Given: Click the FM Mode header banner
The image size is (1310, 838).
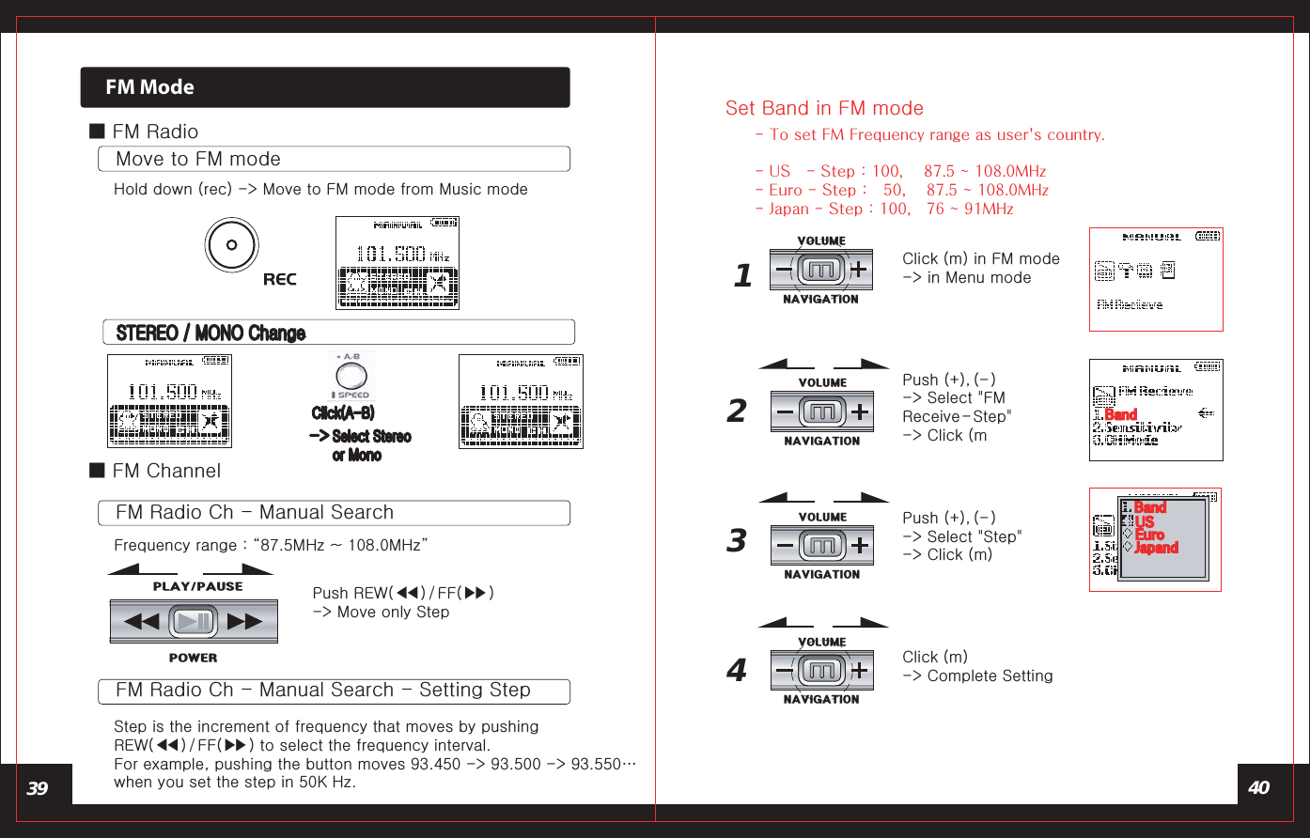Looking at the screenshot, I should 324,87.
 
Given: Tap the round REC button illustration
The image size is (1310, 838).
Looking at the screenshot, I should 231,245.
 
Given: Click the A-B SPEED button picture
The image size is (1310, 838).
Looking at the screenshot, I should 351,377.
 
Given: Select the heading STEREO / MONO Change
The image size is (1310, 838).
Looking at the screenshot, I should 211,334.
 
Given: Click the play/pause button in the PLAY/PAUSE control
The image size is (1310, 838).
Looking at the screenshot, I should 194,622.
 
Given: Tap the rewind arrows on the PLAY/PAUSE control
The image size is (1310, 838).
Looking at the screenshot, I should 142,622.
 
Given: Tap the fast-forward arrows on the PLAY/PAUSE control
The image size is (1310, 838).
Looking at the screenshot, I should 245,622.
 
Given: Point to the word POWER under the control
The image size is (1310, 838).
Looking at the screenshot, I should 193,659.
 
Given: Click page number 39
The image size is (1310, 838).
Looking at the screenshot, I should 38,788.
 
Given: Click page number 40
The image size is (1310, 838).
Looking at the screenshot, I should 1258,788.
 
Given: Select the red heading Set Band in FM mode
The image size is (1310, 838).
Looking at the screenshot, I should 824,108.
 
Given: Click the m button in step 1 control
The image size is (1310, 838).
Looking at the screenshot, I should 821,271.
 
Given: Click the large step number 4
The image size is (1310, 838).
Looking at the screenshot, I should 737,671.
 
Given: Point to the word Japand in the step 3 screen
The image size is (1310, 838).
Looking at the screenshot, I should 1156,548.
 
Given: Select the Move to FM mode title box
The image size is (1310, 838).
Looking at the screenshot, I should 334,160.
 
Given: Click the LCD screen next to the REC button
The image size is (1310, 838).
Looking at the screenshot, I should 398,263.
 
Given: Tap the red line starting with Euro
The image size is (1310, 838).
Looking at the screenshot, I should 901,190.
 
